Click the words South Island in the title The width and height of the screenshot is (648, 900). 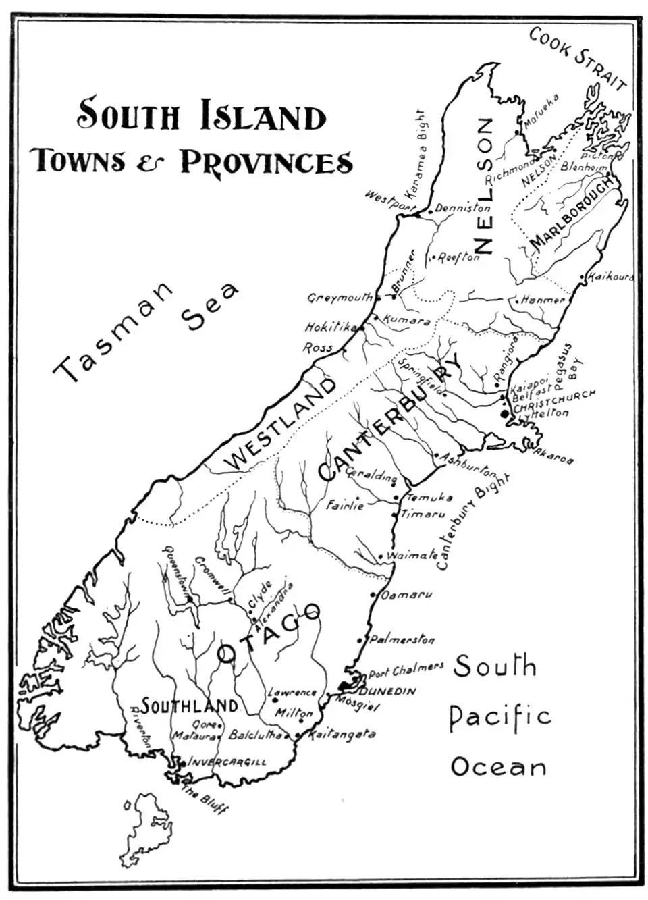coord(201,115)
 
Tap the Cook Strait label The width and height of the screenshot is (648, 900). coord(578,59)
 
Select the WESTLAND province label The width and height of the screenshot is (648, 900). coord(280,425)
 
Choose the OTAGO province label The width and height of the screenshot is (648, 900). coord(269,633)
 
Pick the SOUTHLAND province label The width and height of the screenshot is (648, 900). coord(189,706)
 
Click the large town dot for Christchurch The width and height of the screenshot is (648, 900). coord(504,413)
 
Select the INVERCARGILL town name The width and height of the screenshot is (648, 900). coord(227,762)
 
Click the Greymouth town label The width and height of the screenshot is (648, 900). coord(340,297)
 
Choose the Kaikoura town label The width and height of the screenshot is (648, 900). coord(610,277)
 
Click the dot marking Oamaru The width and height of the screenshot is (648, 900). coord(373,595)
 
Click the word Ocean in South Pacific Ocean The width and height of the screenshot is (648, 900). coord(498,767)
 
